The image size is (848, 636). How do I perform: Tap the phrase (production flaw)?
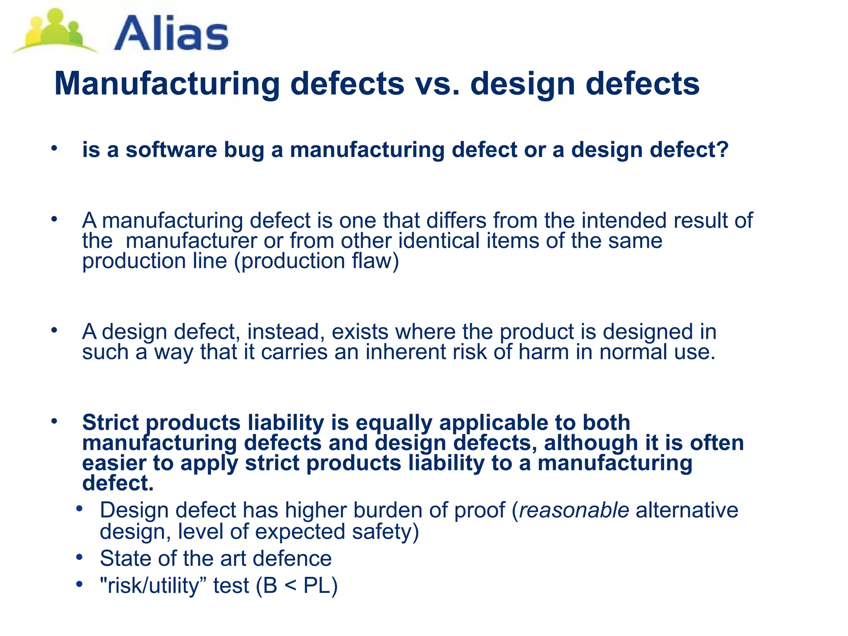click(317, 261)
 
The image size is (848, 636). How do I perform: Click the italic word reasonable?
click(574, 510)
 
